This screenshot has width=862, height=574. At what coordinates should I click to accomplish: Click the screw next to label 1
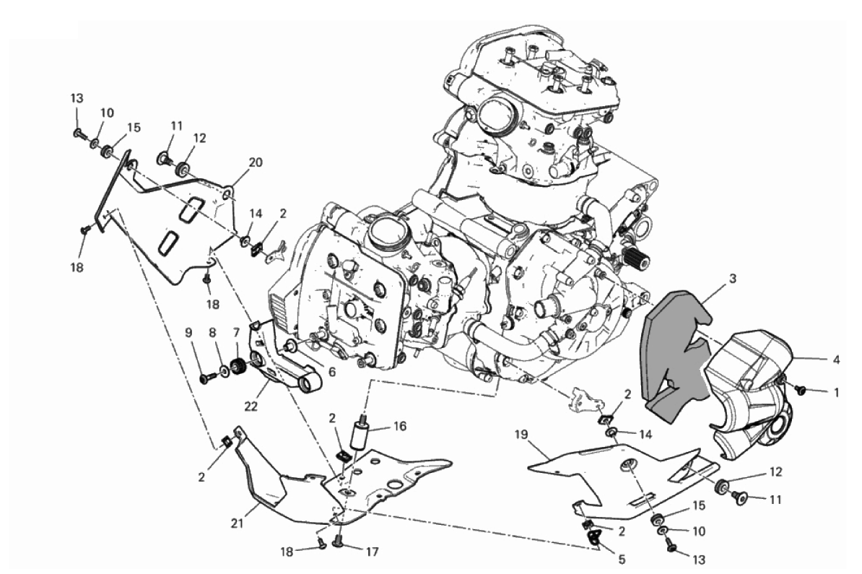(x=800, y=390)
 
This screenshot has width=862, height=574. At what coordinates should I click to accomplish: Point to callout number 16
(x=399, y=426)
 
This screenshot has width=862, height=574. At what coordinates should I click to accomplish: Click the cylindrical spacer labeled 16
(x=361, y=437)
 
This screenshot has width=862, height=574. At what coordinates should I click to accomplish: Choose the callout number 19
(x=523, y=435)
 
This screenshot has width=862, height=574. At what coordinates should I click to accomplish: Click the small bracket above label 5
(x=596, y=535)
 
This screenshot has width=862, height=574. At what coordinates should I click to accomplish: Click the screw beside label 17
(x=339, y=540)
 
